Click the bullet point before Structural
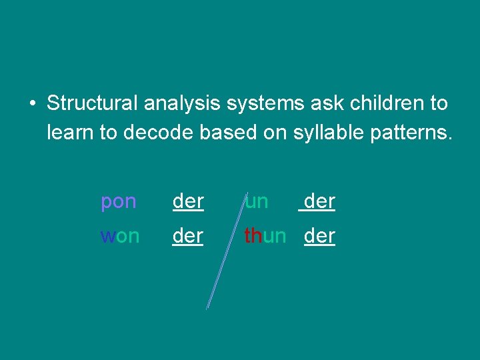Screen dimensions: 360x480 coord(31,105)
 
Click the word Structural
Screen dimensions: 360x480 coord(90,103)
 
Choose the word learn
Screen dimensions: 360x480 coord(71,133)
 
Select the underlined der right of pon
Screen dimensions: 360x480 coord(188,202)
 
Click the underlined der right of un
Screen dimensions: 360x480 coord(319,202)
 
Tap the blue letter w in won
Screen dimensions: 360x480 coord(107,237)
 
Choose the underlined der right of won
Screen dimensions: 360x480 coord(188,236)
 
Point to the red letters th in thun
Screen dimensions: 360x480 coord(253,236)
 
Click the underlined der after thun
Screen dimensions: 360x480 coord(319,236)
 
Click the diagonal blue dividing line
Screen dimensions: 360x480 coord(224,253)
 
